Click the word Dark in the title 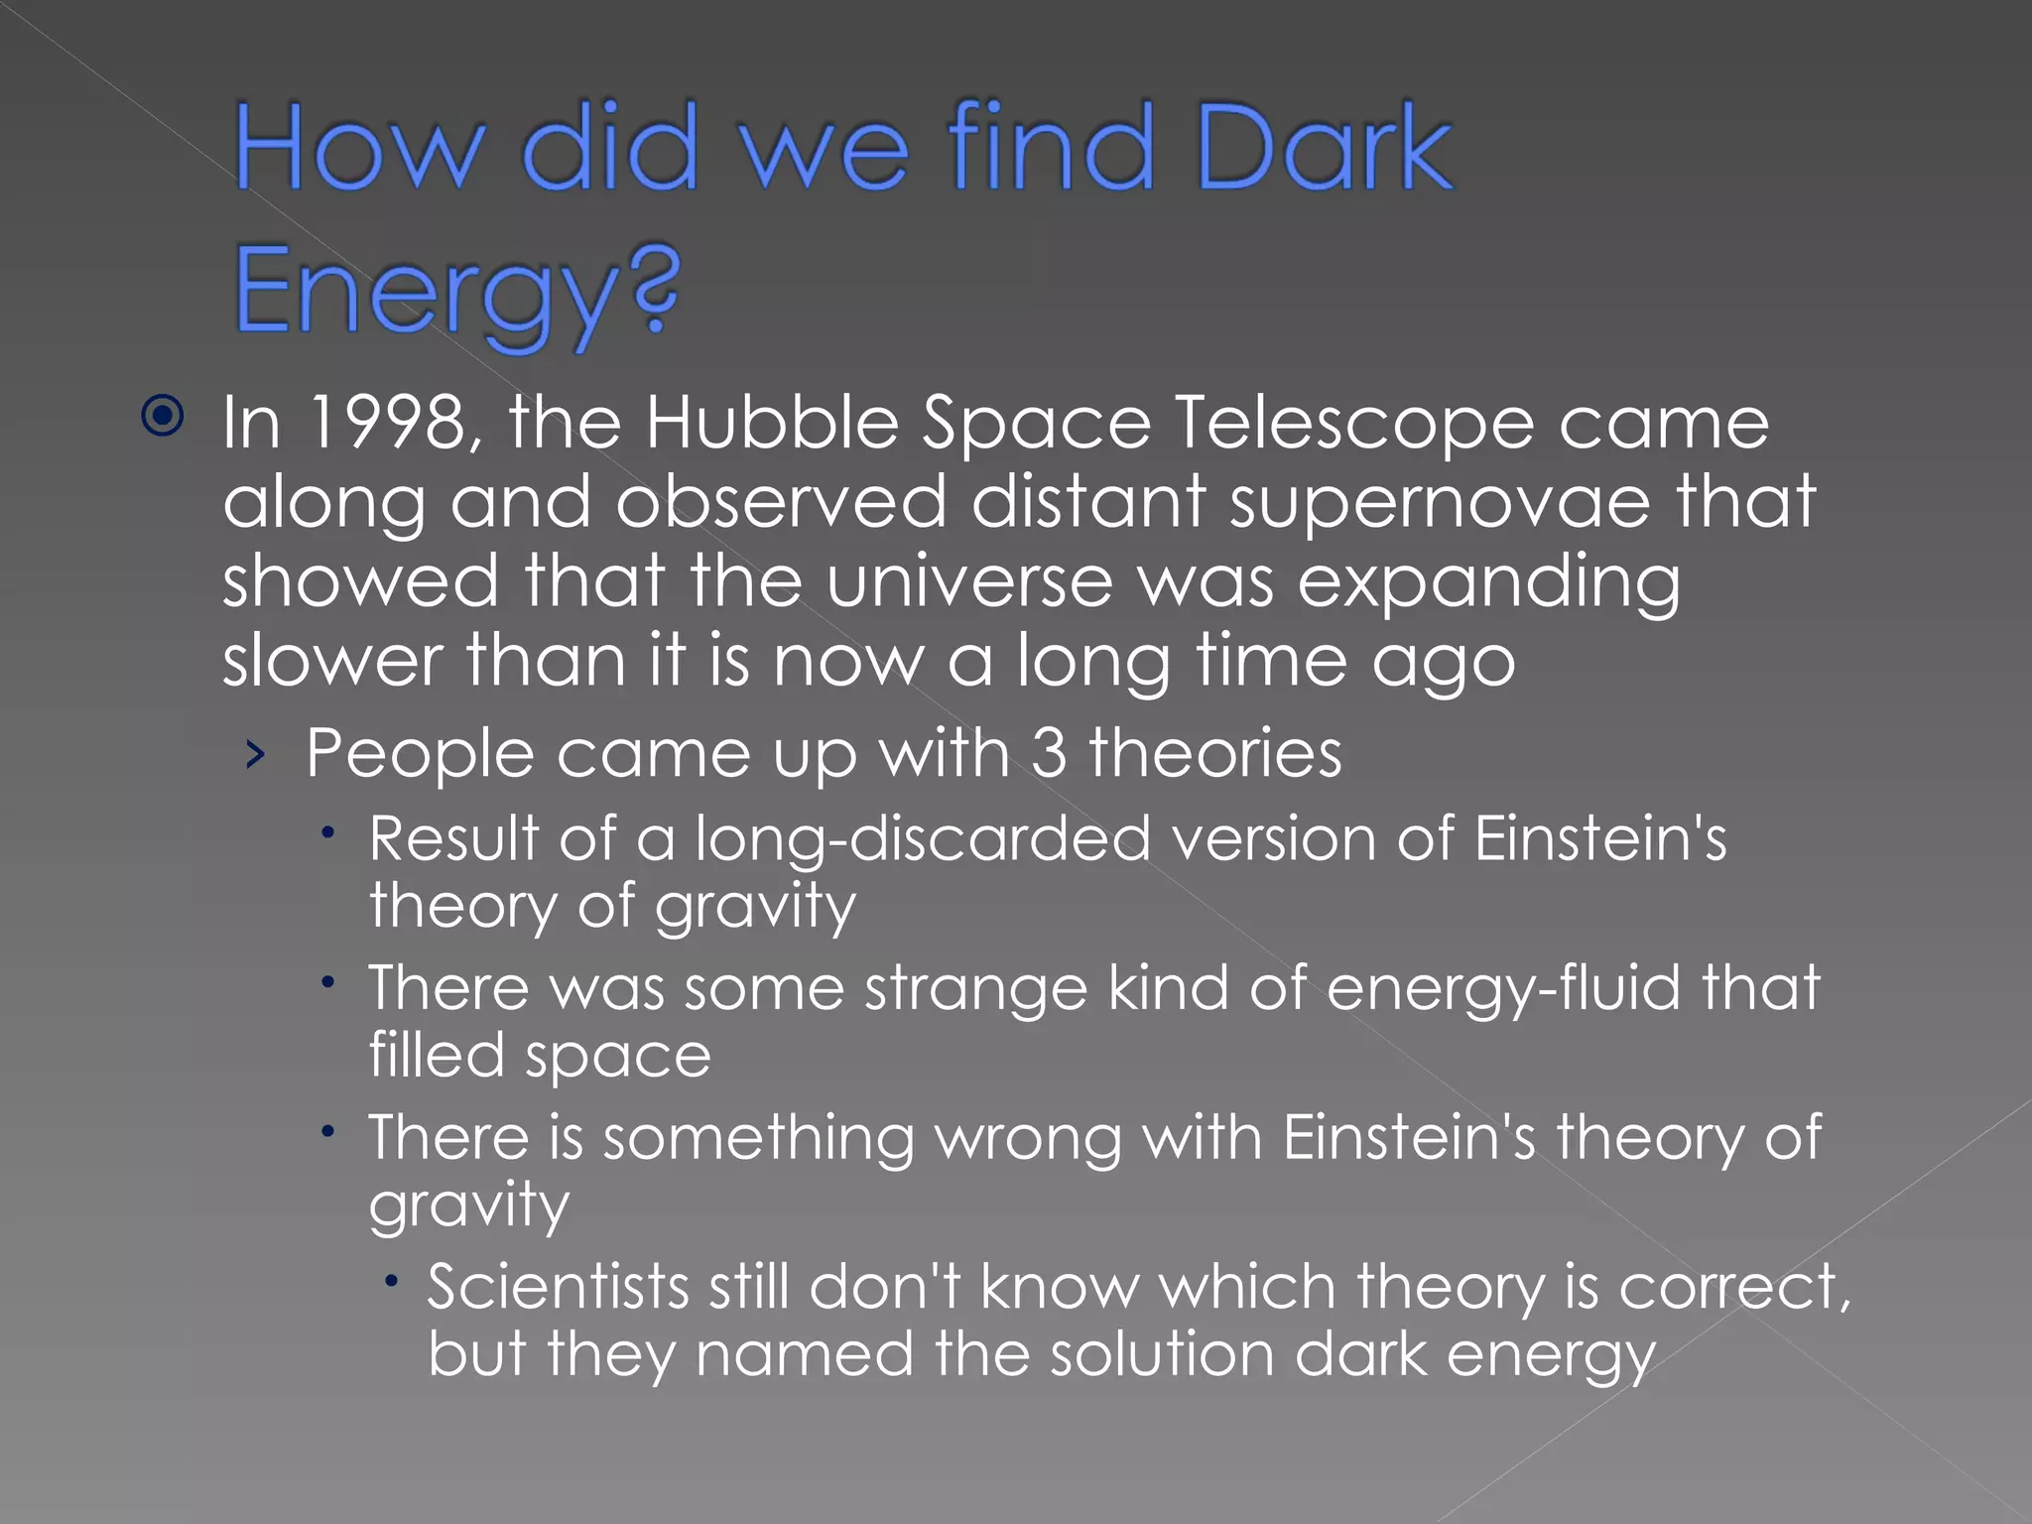(1325, 149)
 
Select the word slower (332, 661)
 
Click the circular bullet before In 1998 (163, 416)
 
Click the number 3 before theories (1049, 753)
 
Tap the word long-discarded (923, 839)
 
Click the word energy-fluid (1502, 989)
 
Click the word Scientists (558, 1287)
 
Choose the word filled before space (437, 1054)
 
